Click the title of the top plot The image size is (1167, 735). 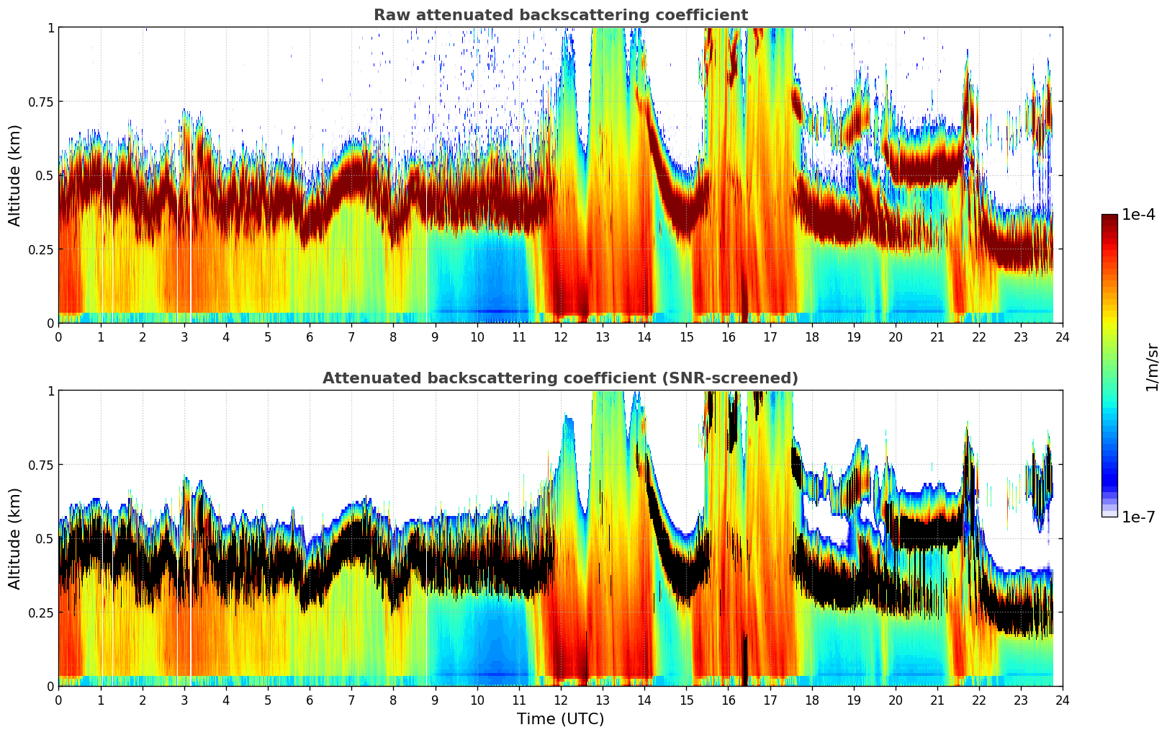(560, 15)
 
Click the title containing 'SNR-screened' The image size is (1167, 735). (560, 378)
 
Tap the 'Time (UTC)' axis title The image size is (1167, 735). (560, 719)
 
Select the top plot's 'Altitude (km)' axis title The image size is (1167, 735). (15, 175)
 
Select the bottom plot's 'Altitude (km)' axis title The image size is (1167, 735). (15, 538)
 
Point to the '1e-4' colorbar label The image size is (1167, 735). (1138, 215)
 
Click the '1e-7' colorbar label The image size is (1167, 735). (1138, 517)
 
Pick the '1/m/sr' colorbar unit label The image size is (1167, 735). (1152, 367)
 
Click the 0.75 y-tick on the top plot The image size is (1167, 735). (40, 102)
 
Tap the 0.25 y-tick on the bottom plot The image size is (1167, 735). (40, 612)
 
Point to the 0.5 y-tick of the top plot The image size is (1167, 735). (45, 175)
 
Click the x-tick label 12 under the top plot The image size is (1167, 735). (561, 337)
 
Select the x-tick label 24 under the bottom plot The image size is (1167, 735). (1063, 700)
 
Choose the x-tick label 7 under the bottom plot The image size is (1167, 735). (351, 700)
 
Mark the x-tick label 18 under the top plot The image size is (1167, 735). (812, 337)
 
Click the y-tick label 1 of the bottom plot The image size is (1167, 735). (50, 391)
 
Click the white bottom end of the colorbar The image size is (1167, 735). (1109, 514)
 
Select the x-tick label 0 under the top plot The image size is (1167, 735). (59, 337)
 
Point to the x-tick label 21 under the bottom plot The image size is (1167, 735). (937, 700)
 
